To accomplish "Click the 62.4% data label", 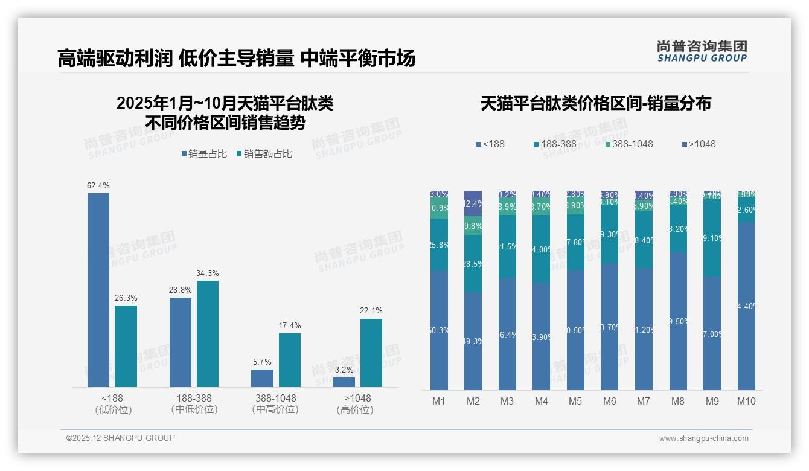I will [98, 185].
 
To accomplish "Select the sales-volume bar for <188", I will [98, 290].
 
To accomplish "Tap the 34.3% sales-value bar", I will [208, 333].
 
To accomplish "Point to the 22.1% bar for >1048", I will [371, 353].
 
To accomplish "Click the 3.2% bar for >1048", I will [344, 382].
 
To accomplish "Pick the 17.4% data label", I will [290, 325].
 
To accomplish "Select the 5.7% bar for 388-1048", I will [262, 378].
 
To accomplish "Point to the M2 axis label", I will [473, 401].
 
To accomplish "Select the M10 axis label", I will [746, 401].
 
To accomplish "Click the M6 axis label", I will [610, 401].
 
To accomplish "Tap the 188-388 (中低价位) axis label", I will [194, 403].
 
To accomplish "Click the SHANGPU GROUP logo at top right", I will [702, 51].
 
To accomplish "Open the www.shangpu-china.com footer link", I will [703, 438].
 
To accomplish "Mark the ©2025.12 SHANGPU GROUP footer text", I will [121, 438].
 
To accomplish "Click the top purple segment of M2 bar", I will [473, 203].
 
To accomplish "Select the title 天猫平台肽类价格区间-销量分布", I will [595, 103].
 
